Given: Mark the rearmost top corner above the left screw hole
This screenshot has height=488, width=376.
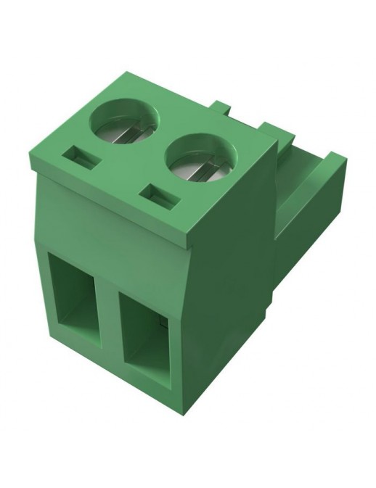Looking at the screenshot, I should [x=128, y=73].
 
